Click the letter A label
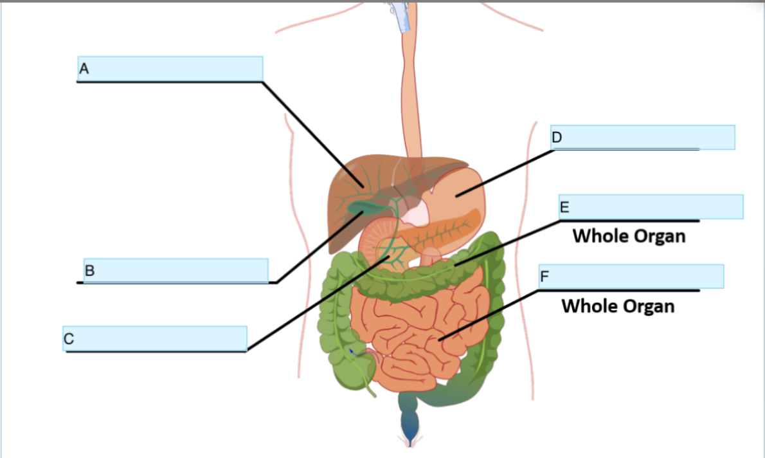tap(83, 67)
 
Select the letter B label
tap(90, 270)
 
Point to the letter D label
tap(557, 137)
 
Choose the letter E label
tap(564, 207)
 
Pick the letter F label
tap(545, 277)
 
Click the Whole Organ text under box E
tap(629, 236)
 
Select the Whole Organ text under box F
tap(618, 306)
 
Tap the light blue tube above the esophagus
tap(402, 16)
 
